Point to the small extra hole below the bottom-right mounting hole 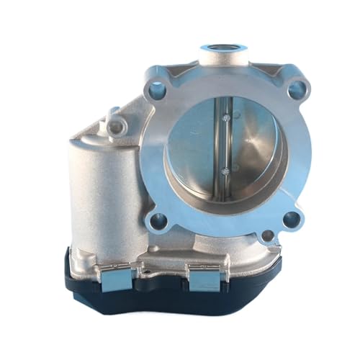(266, 235)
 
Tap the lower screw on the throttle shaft (226, 171)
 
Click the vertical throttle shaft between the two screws (225, 144)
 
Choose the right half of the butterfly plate (248, 144)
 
